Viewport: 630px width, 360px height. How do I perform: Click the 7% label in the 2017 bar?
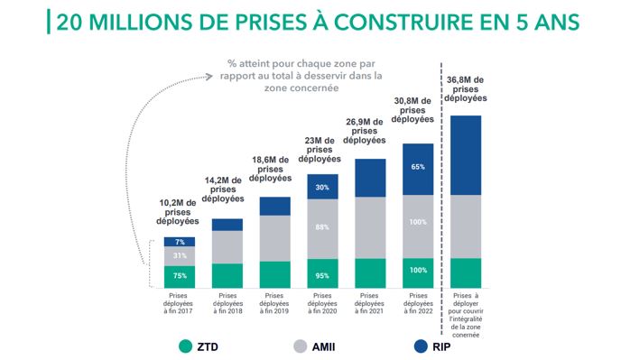(x=180, y=242)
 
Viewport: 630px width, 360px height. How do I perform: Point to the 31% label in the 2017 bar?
(x=180, y=255)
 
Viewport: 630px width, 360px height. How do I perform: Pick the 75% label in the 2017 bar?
(x=180, y=276)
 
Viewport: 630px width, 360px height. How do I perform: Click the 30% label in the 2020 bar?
(x=322, y=187)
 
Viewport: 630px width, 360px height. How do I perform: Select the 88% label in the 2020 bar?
(x=322, y=227)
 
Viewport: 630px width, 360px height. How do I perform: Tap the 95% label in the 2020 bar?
(x=322, y=274)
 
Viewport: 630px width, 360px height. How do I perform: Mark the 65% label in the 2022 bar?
(x=418, y=168)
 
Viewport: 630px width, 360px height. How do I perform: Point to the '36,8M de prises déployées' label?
(x=465, y=90)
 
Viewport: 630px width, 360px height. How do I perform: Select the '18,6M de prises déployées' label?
(x=274, y=170)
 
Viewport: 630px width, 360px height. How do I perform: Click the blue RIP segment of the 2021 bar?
(x=370, y=178)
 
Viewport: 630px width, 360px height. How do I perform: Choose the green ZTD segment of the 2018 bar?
(x=227, y=276)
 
